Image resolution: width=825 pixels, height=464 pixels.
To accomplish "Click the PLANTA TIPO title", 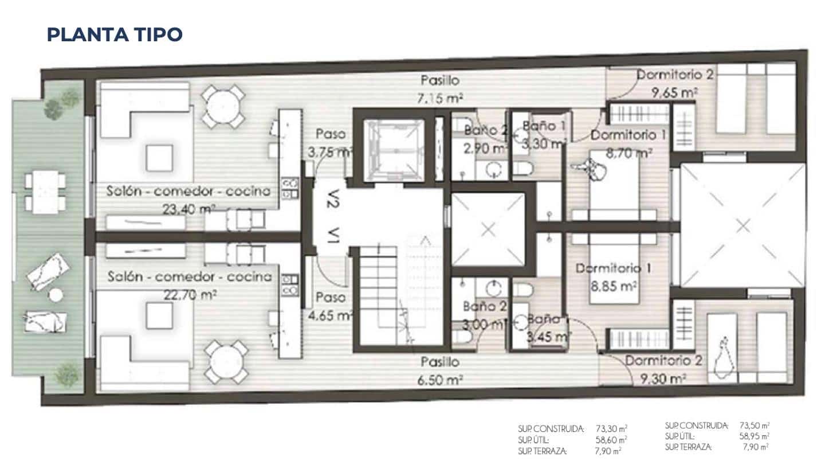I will (115, 34).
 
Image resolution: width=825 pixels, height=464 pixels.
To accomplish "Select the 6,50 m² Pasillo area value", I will (439, 380).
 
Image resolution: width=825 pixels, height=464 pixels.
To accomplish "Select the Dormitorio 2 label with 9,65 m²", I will (675, 75).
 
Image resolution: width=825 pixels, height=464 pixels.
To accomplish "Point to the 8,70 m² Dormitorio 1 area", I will (629, 153).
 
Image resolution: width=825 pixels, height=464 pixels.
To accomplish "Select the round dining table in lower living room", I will (223, 361).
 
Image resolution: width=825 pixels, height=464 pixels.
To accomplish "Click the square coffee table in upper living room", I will (159, 157).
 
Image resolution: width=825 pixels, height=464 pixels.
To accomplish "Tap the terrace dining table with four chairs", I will (45, 192).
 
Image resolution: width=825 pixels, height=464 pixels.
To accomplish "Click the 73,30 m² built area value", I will (611, 428).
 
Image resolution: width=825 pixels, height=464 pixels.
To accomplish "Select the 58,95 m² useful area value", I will (754, 436).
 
